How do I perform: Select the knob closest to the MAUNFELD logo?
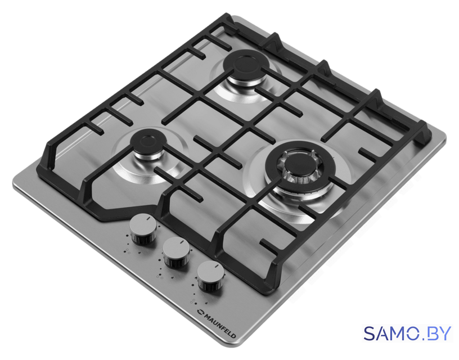tap(210, 276)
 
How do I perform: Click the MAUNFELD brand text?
tap(220, 326)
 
